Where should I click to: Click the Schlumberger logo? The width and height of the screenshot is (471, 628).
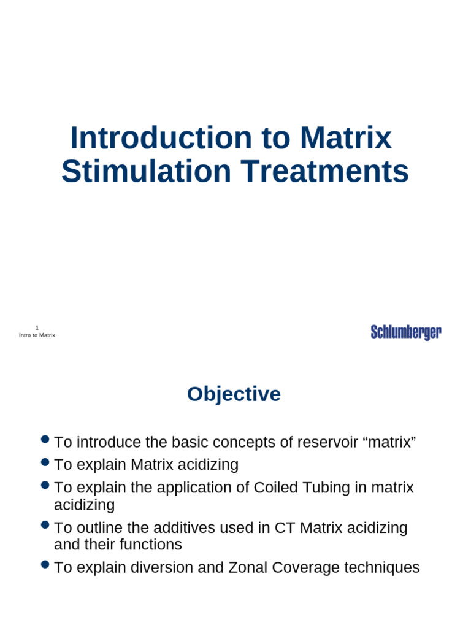click(406, 332)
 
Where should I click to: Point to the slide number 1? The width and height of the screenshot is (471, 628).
click(37, 328)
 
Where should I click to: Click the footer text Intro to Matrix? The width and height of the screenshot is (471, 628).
click(37, 335)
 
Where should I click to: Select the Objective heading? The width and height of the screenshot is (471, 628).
click(234, 394)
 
